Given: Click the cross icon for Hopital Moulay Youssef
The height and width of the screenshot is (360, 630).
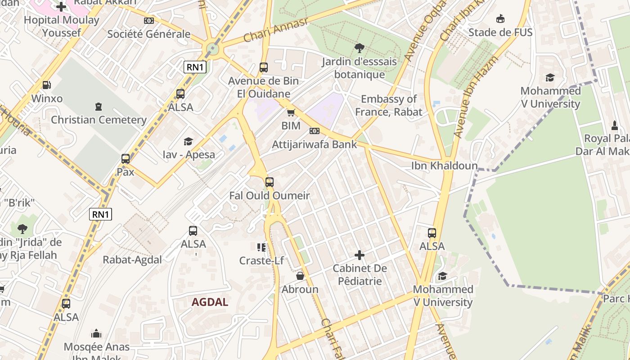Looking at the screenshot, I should click(61, 7).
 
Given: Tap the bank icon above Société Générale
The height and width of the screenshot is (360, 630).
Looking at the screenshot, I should click(149, 21).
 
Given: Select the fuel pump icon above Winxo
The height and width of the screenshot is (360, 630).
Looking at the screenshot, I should click(46, 85).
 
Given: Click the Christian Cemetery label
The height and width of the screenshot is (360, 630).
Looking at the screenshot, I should click(99, 120).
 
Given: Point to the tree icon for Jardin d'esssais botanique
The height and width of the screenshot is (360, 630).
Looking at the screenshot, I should click(359, 48).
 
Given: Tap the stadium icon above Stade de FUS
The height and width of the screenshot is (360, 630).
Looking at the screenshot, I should click(500, 19).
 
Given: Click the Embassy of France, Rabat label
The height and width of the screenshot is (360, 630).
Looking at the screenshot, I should click(389, 105).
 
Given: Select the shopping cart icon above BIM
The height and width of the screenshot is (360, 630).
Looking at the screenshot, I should click(291, 112).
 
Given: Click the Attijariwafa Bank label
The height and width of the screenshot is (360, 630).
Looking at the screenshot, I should click(314, 144).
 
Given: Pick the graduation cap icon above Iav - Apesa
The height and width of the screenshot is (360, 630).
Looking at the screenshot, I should click(188, 141).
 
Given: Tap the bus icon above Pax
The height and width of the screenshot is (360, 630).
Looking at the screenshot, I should click(126, 158).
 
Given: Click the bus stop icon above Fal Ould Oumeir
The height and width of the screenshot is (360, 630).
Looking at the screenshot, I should click(269, 182).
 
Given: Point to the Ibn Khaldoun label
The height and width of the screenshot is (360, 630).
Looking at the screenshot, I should click(444, 166).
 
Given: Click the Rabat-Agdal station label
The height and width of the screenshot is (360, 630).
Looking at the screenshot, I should click(132, 260).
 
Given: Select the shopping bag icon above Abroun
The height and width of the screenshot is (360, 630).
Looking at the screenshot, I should click(300, 276).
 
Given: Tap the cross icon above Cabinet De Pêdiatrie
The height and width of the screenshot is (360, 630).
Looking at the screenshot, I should click(359, 256).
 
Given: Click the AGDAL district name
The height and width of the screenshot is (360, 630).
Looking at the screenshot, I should click(210, 302).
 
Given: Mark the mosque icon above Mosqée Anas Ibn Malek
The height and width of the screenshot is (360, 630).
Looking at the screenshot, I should click(96, 333).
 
